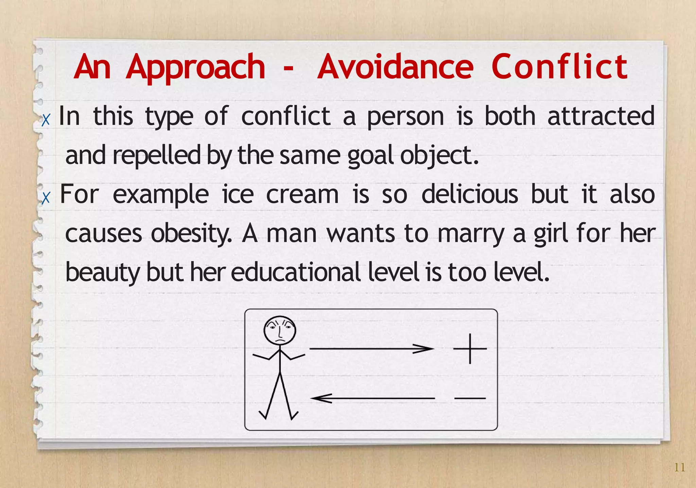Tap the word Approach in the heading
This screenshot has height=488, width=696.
pyautogui.click(x=195, y=68)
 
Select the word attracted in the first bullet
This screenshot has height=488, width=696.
pyautogui.click(x=601, y=116)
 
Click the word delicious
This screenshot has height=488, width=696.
pyautogui.click(x=470, y=195)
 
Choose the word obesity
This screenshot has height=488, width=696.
pyautogui.click(x=191, y=234)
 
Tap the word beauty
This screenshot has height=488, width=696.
pyautogui.click(x=102, y=273)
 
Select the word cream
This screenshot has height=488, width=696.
pyautogui.click(x=302, y=195)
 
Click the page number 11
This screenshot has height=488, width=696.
pyautogui.click(x=680, y=468)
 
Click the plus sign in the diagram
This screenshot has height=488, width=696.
pyautogui.click(x=470, y=349)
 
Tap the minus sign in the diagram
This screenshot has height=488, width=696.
pyautogui.click(x=470, y=398)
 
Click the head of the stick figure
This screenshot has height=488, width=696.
pyautogui.click(x=280, y=331)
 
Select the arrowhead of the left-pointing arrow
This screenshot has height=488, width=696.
pyautogui.click(x=319, y=398)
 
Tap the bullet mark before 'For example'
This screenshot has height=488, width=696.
pyautogui.click(x=46, y=198)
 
